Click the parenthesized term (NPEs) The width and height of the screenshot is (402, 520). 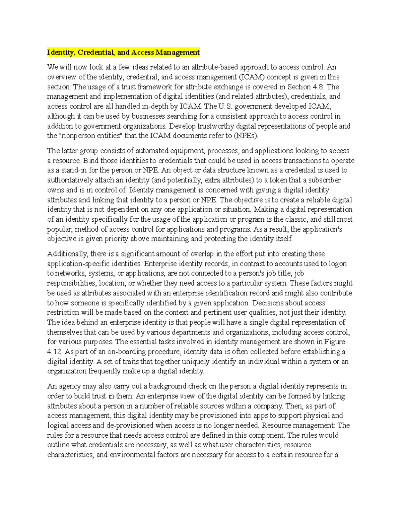(246, 136)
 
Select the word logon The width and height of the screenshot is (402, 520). (337, 264)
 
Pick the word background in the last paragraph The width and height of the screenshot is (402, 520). (167, 386)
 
